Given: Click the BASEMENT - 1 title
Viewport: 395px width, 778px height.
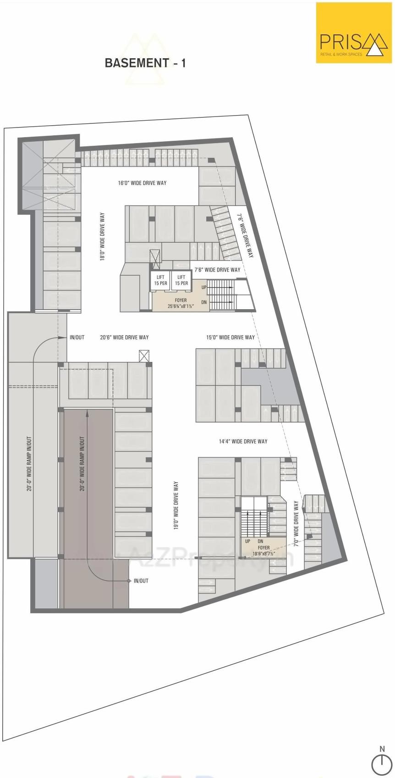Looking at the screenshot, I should point(145,63).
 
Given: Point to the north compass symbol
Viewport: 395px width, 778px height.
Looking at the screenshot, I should point(382,765).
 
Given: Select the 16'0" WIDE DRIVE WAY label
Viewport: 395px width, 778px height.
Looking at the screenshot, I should point(142,183).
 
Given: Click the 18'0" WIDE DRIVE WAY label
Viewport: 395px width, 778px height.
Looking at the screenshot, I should point(102,237).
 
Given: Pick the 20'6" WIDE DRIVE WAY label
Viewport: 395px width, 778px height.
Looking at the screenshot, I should point(124,337).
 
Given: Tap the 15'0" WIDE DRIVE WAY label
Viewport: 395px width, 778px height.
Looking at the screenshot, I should point(230,337).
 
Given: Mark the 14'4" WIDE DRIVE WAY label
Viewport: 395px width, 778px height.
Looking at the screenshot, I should point(243,441).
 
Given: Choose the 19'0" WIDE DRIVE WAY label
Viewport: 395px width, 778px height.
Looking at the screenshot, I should point(176,506).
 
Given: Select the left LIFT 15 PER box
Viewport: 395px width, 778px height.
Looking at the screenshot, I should point(160,280).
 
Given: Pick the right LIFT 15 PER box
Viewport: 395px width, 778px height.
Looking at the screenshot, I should point(181,280).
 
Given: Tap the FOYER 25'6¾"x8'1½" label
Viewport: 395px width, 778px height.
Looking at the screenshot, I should point(181,303).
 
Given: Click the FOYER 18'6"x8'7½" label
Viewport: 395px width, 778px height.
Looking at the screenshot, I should point(263,550).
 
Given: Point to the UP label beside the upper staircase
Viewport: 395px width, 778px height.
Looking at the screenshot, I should point(204,287).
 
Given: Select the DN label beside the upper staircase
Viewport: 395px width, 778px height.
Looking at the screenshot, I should point(204,302).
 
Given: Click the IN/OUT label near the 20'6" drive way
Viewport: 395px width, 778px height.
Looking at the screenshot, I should point(77,337).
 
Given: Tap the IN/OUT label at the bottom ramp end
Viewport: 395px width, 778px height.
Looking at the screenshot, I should point(141,581).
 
